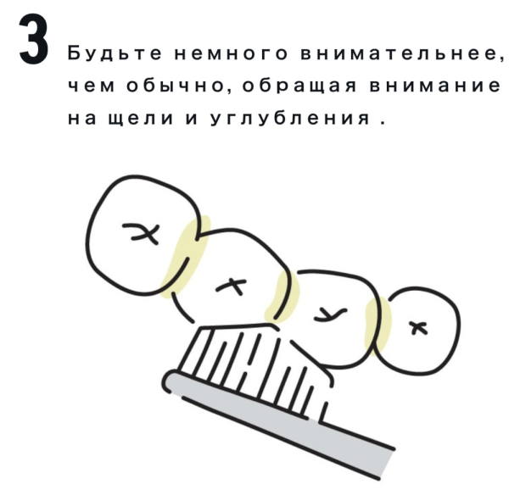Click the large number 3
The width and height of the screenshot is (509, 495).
coord(34,39)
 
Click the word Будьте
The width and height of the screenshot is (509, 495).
coord(115,53)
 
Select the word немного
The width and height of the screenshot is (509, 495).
coord(231,53)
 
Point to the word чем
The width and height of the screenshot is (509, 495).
coord(91,86)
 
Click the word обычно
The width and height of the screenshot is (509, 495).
coord(176,86)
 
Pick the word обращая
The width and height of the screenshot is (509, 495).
coord(299,86)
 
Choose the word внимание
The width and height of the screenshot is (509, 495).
coord(434,86)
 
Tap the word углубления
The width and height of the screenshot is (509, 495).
coord(290,118)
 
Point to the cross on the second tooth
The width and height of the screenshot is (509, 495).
coord(232,287)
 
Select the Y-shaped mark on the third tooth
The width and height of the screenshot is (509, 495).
coord(330,314)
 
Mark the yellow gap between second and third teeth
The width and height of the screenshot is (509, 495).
coord(282,296)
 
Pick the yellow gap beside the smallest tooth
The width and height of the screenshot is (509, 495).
coord(378,326)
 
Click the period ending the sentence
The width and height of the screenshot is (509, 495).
coord(383,123)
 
